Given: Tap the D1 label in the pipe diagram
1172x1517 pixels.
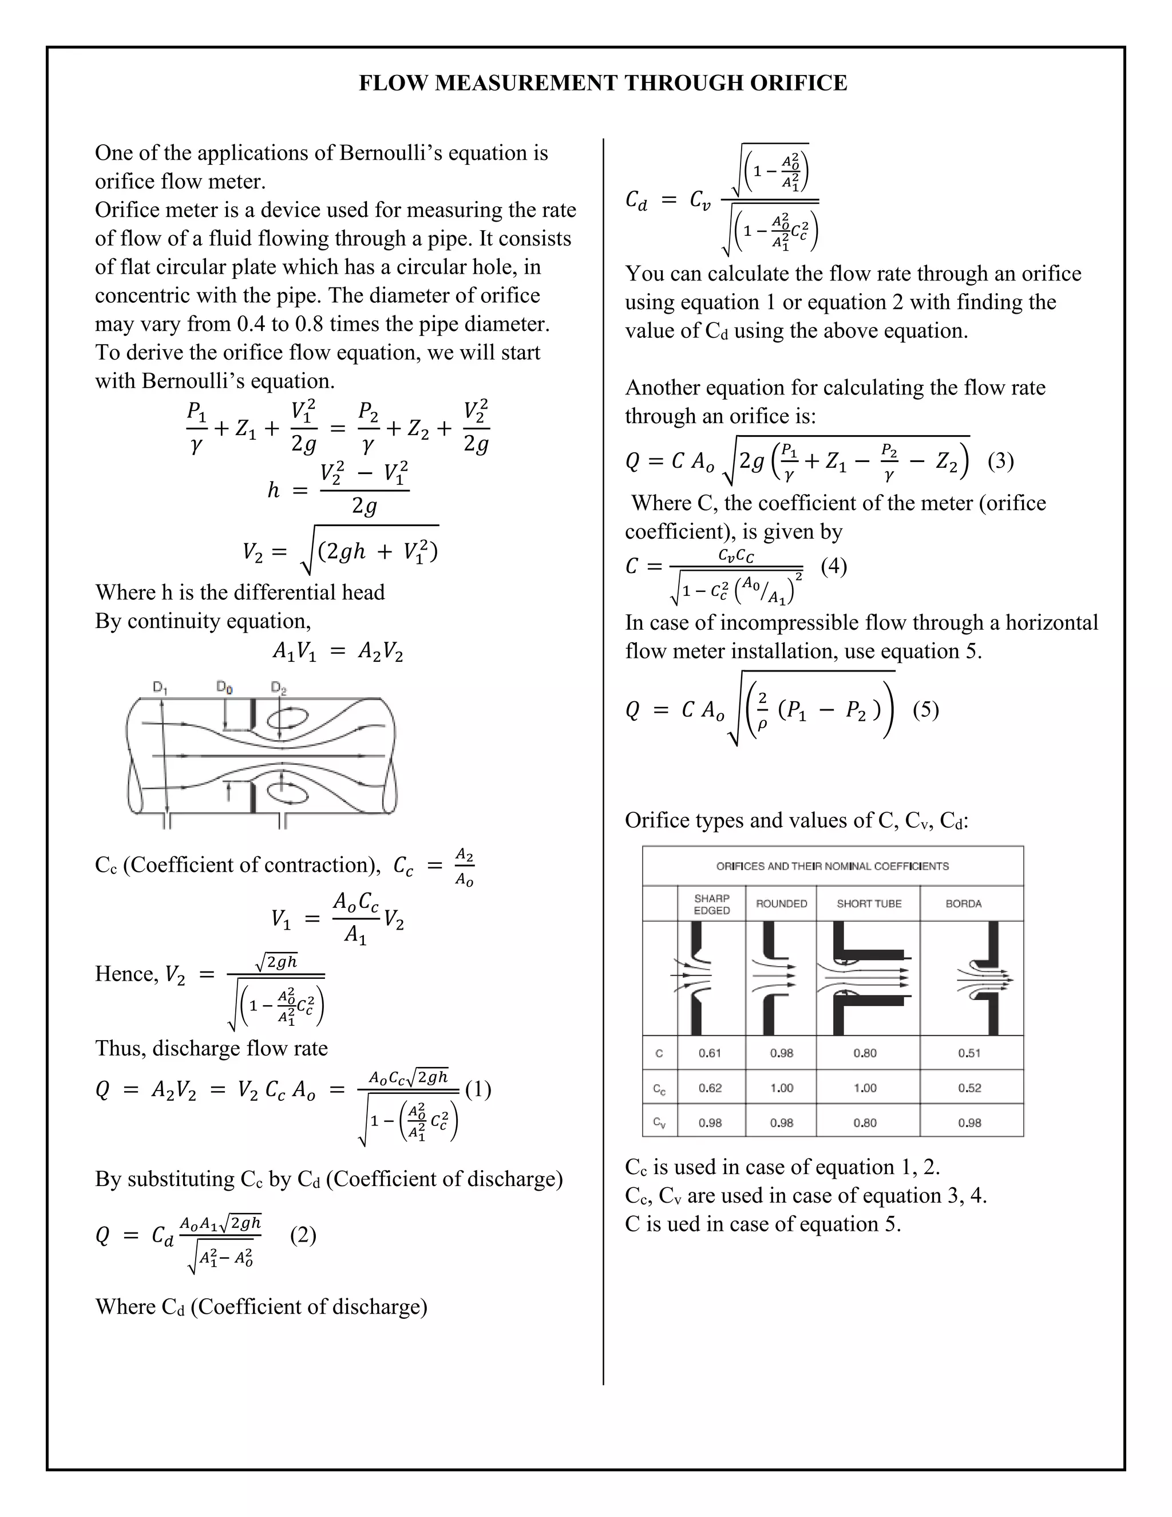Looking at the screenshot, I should [x=160, y=688].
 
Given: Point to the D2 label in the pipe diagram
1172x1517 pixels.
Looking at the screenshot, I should [x=279, y=688].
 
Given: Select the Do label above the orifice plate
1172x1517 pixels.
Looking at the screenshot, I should [x=224, y=687].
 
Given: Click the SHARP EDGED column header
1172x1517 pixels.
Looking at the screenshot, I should [x=712, y=904].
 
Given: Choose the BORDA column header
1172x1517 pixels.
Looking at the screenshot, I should [x=963, y=904].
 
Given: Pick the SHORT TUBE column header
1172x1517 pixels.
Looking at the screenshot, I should [x=869, y=904].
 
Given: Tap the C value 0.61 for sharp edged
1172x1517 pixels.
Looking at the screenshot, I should [x=710, y=1053].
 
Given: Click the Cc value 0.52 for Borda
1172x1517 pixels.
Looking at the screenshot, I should [x=969, y=1088].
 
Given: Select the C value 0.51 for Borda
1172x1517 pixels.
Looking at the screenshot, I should [x=969, y=1053].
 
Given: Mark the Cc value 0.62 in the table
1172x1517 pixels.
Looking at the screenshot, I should [x=710, y=1088].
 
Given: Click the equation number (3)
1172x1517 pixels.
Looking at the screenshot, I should [x=1000, y=460].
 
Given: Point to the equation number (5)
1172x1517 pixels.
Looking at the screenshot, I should [x=925, y=709].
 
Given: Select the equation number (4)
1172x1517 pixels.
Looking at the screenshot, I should [x=834, y=566].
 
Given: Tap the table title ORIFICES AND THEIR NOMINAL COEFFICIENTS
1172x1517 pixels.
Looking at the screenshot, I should [x=833, y=866].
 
